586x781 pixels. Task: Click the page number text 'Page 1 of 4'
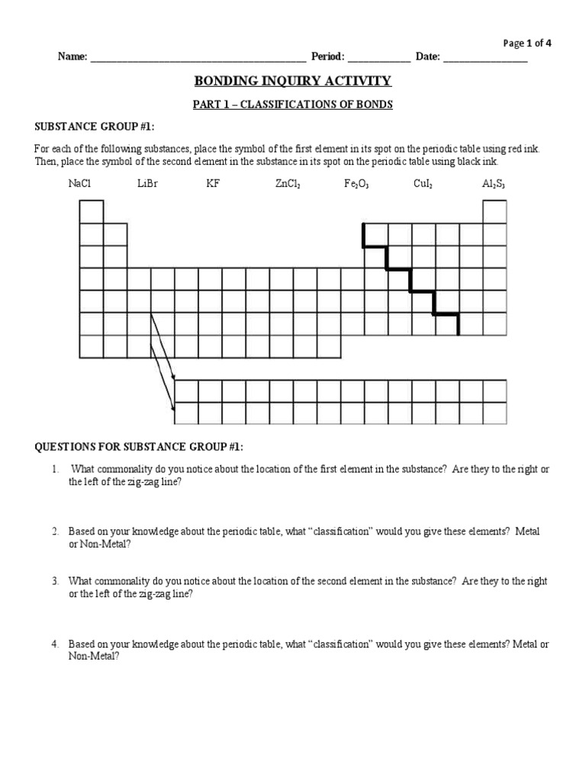tap(527, 43)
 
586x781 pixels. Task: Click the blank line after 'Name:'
tap(198, 58)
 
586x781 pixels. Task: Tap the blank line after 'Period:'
tap(378, 58)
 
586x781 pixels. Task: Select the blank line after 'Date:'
tap(485, 58)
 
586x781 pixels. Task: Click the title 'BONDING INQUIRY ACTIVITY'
tap(293, 81)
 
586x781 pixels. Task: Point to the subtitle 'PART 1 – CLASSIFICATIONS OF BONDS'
tap(293, 104)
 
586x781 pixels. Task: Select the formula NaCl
tap(79, 184)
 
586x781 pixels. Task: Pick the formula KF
tap(213, 184)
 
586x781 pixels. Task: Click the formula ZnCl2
tap(288, 184)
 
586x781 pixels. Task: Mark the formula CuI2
tap(423, 184)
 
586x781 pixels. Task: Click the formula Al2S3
tap(493, 184)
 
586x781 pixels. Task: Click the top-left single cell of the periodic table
tap(91, 211)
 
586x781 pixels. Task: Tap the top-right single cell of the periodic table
tap(494, 211)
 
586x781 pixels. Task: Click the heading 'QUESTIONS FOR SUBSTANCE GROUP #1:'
tap(137, 446)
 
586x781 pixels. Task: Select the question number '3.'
tap(56, 581)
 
